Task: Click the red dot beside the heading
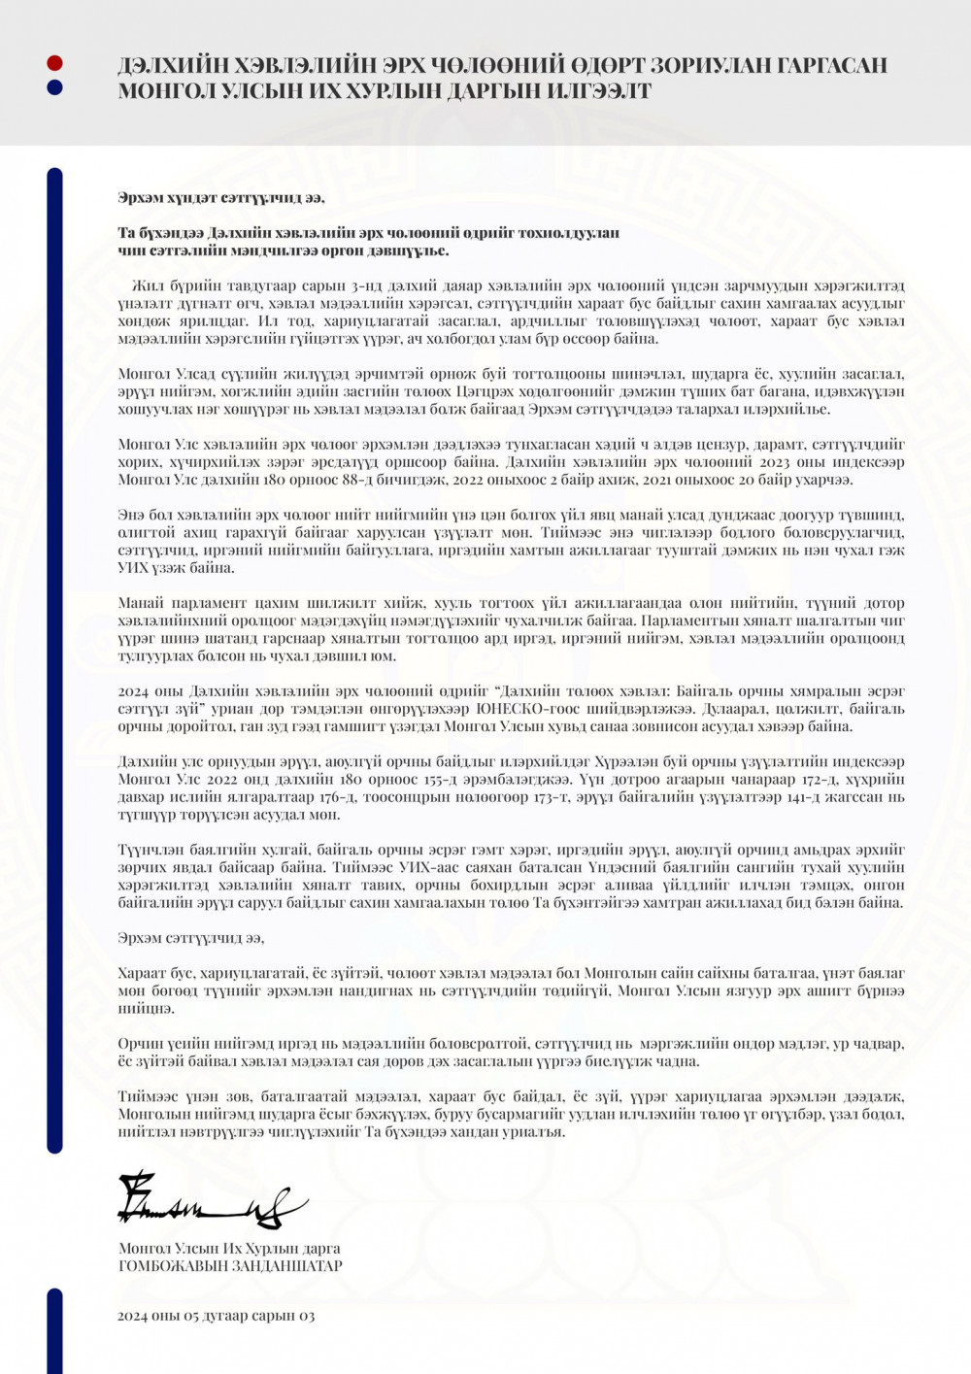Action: (x=55, y=63)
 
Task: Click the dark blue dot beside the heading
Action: (x=55, y=87)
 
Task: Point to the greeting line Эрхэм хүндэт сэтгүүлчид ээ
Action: (x=221, y=198)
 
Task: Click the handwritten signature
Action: (x=209, y=1202)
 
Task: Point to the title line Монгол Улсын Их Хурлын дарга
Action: (x=229, y=1249)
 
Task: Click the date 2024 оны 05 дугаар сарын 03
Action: (x=216, y=1316)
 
